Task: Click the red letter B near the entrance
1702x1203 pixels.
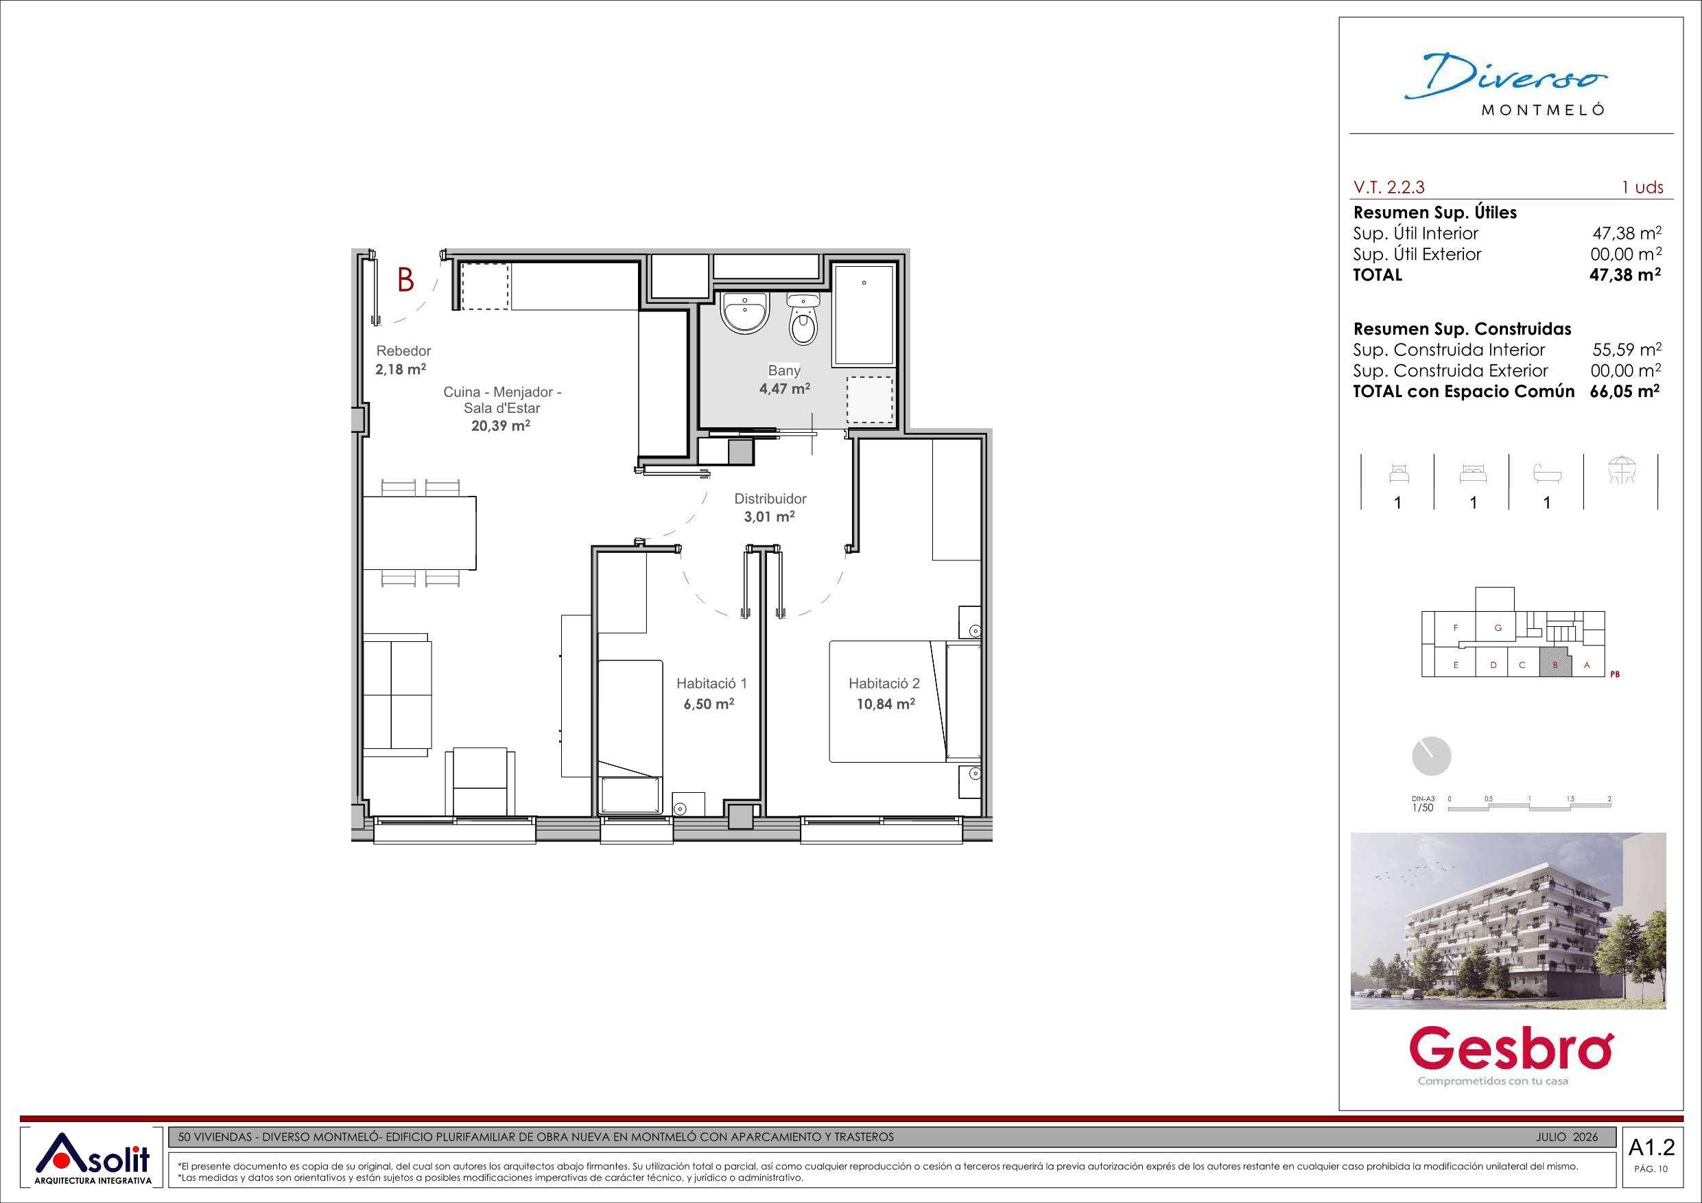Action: (x=405, y=281)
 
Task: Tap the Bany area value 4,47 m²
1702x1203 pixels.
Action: (x=784, y=388)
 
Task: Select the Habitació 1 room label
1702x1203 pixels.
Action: (x=711, y=683)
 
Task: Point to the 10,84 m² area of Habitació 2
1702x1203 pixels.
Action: (x=885, y=704)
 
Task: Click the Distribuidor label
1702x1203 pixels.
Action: (x=770, y=499)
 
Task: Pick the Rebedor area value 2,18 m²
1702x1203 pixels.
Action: (x=401, y=368)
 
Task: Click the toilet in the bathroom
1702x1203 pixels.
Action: (x=802, y=318)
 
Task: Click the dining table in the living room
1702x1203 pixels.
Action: (x=420, y=533)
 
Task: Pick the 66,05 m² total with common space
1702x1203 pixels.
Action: (x=1625, y=392)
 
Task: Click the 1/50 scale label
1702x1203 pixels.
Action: (x=1423, y=807)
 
